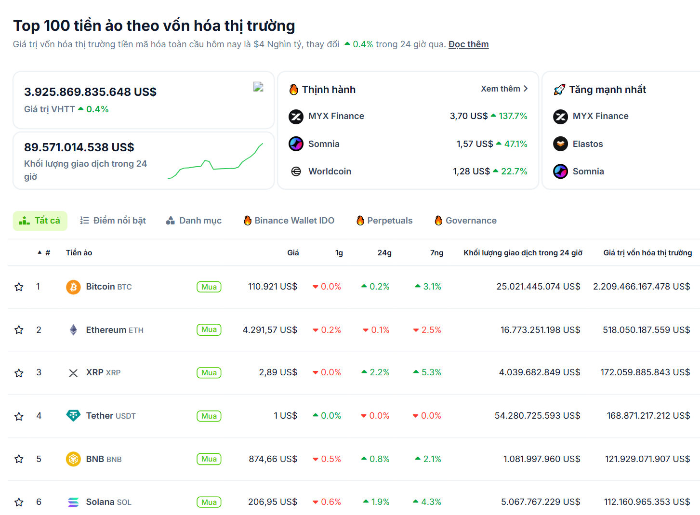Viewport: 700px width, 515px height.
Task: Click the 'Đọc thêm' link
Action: pyautogui.click(x=468, y=44)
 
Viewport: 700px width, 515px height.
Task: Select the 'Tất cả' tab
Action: pyautogui.click(x=40, y=221)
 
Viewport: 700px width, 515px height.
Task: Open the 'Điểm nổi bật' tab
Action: pyautogui.click(x=113, y=221)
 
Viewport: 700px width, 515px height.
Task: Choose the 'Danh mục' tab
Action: pyautogui.click(x=194, y=221)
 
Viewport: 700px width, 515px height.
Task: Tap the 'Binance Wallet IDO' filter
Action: pyautogui.click(x=289, y=221)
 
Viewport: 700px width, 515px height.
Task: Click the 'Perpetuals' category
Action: pyautogui.click(x=384, y=221)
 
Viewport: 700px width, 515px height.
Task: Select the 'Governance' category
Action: pyautogui.click(x=465, y=221)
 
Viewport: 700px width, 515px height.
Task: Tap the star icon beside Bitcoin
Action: pyautogui.click(x=19, y=287)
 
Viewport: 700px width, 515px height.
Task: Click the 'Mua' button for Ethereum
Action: pyautogui.click(x=209, y=330)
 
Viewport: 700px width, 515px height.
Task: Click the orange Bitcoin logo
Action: pyautogui.click(x=73, y=287)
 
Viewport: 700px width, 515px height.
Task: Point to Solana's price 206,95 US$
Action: pyautogui.click(x=273, y=502)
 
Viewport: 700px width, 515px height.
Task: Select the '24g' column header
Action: pyautogui.click(x=384, y=252)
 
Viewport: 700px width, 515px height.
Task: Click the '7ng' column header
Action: pyautogui.click(x=436, y=252)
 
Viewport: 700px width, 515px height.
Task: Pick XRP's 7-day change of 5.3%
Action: pyautogui.click(x=427, y=372)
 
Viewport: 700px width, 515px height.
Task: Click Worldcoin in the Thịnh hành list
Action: pyautogui.click(x=330, y=172)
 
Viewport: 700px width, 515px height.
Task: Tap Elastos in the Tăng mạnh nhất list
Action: pyautogui.click(x=588, y=144)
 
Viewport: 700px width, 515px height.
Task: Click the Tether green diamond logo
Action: pyautogui.click(x=73, y=415)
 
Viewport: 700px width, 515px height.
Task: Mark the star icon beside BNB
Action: pyautogui.click(x=19, y=459)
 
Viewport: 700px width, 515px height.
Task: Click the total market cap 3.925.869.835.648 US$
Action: pyautogui.click(x=91, y=92)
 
